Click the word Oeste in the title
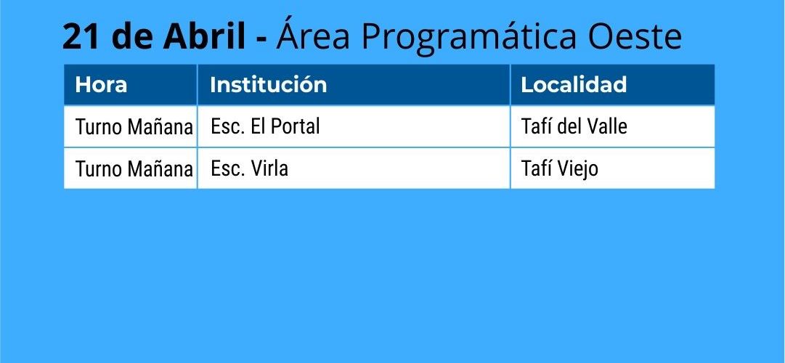tap(635, 36)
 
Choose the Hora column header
tap(101, 85)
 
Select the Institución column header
tap(269, 84)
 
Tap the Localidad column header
tap(574, 84)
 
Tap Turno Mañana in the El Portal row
tap(134, 127)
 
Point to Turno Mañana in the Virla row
tap(134, 169)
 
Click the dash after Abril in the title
tap(261, 38)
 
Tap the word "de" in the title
tap(133, 36)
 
